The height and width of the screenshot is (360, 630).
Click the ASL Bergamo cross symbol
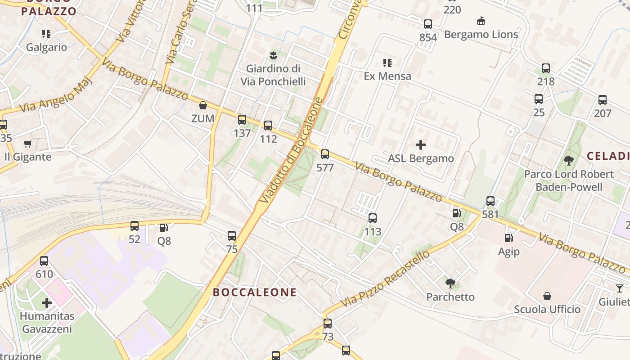(421, 145)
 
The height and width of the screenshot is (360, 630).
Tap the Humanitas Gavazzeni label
(47, 323)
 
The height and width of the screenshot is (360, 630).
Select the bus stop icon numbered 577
(325, 154)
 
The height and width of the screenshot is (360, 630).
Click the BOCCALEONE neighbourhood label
(255, 292)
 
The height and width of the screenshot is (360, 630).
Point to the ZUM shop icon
(203, 106)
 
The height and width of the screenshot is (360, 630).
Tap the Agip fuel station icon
(509, 238)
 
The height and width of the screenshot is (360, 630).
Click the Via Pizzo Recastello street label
(385, 279)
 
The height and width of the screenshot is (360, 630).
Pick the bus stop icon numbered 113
(373, 218)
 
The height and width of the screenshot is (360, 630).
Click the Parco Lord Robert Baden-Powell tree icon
(569, 160)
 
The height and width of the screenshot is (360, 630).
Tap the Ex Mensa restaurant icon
(387, 63)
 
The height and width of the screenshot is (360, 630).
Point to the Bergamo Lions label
(481, 35)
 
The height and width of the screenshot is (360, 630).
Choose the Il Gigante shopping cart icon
(28, 144)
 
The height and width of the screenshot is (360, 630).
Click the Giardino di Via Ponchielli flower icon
(273, 56)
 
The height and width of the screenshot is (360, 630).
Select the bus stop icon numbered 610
(44, 261)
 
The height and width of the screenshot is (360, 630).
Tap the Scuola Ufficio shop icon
(547, 296)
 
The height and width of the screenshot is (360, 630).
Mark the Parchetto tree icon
(450, 283)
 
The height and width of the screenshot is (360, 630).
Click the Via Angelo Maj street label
(56, 95)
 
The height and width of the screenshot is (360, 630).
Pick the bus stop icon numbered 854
(428, 24)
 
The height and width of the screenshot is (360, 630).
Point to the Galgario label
(46, 47)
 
